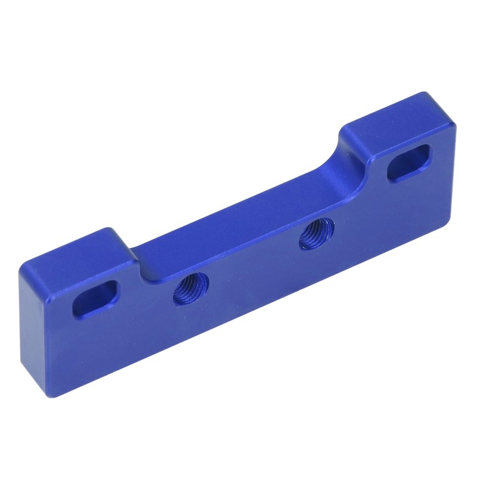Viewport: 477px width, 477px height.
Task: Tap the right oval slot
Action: tap(408, 162)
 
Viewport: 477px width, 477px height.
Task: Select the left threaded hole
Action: tap(191, 289)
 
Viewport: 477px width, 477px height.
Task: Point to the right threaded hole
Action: tap(317, 234)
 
